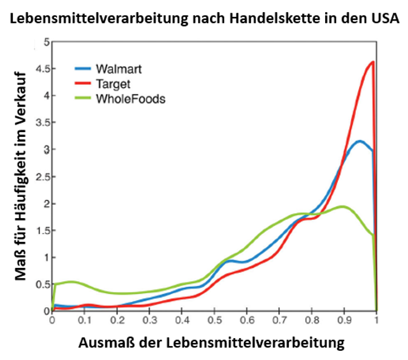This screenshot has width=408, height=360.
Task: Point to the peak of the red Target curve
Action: click(x=373, y=62)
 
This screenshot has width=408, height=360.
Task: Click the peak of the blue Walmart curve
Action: click(x=360, y=141)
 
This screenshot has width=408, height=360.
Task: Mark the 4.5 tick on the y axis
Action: click(x=42, y=69)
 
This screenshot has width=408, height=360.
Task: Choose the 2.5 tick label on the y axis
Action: click(x=42, y=176)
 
